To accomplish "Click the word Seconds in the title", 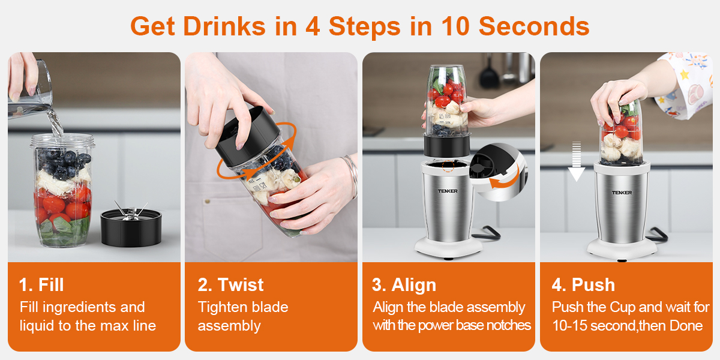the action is tap(534, 26).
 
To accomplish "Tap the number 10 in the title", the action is tap(455, 26).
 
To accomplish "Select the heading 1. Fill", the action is tap(41, 285).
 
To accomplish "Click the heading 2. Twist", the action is tap(231, 285).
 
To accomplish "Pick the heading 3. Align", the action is tap(404, 285).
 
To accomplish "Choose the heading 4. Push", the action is tap(583, 285).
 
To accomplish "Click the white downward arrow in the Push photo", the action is tap(577, 161).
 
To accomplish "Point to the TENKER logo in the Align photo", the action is tap(448, 191).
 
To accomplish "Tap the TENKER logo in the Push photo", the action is tap(622, 193).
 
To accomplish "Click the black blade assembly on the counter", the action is tap(131, 227).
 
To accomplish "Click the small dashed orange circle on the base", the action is tap(448, 166).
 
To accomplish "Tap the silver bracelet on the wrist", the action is tap(352, 175).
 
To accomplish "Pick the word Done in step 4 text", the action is tap(686, 326).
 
